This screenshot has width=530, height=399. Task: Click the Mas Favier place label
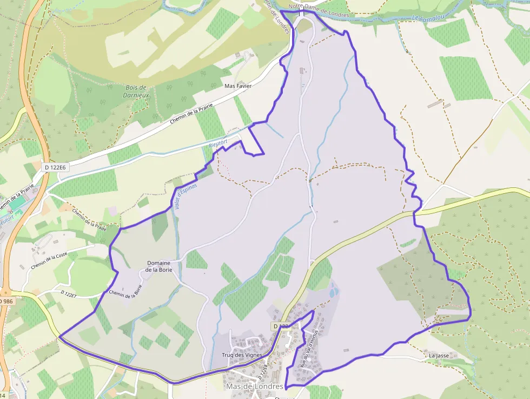(x=238, y=86)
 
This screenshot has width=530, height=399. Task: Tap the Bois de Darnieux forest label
(x=136, y=91)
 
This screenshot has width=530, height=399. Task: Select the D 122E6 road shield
(x=55, y=168)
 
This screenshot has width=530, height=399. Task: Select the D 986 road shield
(x=5, y=301)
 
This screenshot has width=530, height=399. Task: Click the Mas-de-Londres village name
(x=254, y=387)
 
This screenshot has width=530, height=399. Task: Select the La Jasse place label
(x=439, y=356)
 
